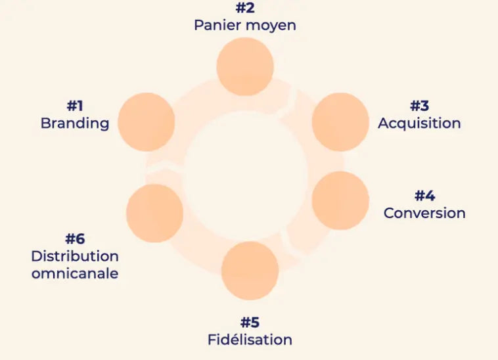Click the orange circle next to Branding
(x=146, y=122)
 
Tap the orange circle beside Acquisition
(x=340, y=122)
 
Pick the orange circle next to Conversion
(x=340, y=200)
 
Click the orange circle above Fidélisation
(x=250, y=271)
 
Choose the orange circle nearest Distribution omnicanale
(x=154, y=213)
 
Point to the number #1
(x=75, y=106)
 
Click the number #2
(x=245, y=9)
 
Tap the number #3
(x=419, y=106)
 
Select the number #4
(x=424, y=196)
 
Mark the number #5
(x=250, y=323)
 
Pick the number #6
(x=75, y=239)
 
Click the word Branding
(x=75, y=124)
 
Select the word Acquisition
(x=419, y=124)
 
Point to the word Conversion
(x=424, y=213)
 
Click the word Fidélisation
(x=250, y=340)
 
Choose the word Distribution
(x=75, y=256)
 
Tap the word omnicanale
(x=75, y=273)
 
